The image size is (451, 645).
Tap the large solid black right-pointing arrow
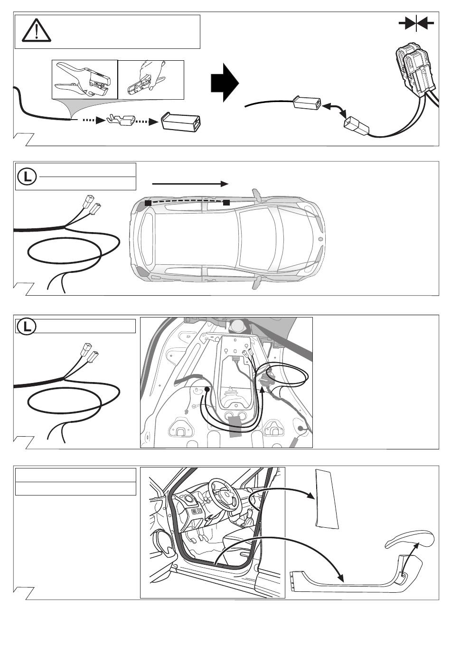click(x=225, y=83)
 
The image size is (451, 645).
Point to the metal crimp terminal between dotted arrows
click(x=121, y=120)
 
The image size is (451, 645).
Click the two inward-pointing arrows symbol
click(x=416, y=23)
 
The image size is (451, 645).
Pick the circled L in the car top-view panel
click(x=27, y=177)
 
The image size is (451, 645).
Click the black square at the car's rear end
click(x=148, y=203)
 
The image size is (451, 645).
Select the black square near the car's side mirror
click(x=226, y=203)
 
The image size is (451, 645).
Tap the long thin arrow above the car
click(x=190, y=184)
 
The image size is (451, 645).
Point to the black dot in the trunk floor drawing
click(x=207, y=389)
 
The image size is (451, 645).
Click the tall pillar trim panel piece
click(x=327, y=499)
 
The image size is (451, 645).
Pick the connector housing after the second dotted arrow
click(x=181, y=122)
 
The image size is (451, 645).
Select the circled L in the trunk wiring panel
click(x=27, y=327)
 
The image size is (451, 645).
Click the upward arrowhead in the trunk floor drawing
click(x=262, y=390)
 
